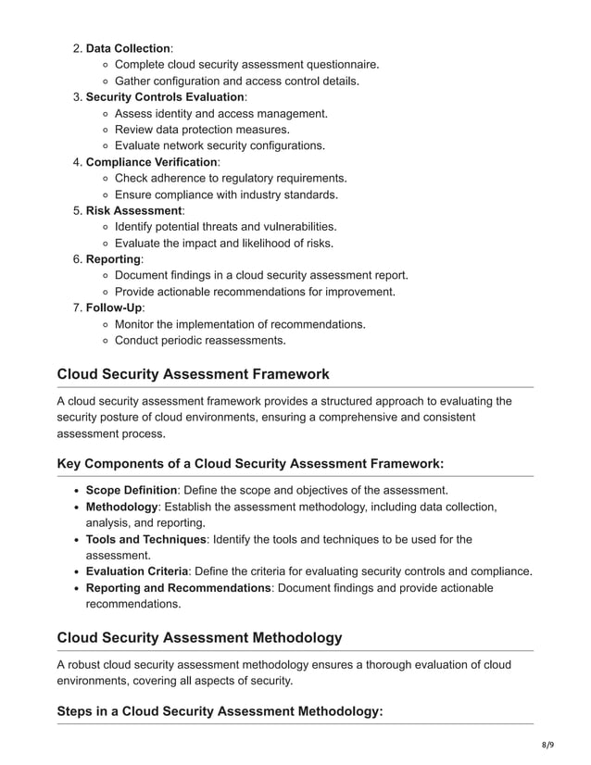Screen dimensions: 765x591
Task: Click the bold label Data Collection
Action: click(128, 48)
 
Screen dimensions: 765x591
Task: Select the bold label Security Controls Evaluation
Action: click(165, 96)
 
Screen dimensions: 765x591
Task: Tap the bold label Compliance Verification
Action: click(151, 162)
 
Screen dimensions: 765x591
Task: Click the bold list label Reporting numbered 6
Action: click(113, 259)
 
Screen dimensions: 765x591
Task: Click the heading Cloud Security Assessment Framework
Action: click(193, 374)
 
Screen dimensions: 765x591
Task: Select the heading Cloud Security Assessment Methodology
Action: click(199, 637)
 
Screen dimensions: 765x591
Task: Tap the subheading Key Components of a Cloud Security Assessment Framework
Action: click(250, 463)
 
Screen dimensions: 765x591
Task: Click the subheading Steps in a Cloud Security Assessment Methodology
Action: click(220, 710)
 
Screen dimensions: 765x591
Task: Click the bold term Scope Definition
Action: click(132, 490)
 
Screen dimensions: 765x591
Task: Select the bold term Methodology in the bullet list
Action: click(122, 507)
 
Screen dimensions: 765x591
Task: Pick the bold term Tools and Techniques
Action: click(146, 539)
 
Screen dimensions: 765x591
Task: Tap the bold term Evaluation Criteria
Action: click(137, 571)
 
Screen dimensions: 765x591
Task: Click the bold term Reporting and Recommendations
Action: click(178, 588)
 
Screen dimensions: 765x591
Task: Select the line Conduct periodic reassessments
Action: click(200, 340)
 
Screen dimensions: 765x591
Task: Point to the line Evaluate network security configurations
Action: click(220, 145)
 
